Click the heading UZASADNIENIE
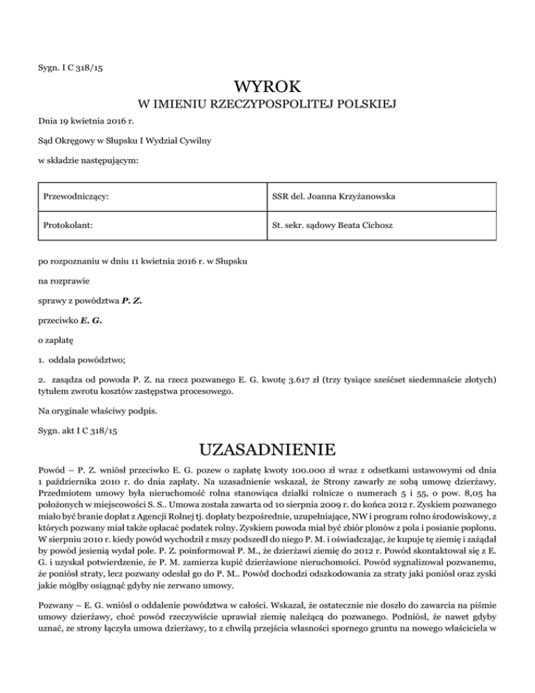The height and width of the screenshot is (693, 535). pos(267,445)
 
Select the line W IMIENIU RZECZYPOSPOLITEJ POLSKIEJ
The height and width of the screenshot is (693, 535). pos(267,105)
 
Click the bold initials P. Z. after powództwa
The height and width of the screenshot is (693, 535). pos(132,302)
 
